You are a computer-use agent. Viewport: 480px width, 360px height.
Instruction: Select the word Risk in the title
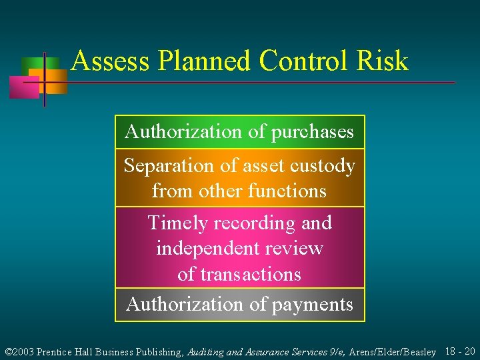pos(382,61)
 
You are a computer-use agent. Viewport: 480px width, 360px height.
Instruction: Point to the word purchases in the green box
pos(312,132)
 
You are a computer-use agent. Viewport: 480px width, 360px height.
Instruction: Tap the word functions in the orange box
pos(287,191)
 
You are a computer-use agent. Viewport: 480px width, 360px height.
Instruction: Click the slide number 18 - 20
pos(459,351)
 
